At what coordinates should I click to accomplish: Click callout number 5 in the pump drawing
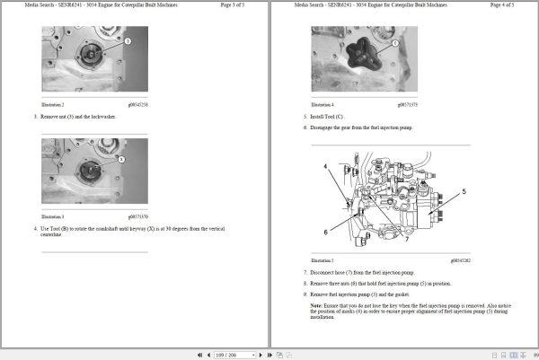(x=464, y=191)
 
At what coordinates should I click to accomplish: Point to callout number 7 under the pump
(x=406, y=239)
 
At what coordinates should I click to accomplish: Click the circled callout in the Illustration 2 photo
(x=128, y=41)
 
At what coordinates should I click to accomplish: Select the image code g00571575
(x=406, y=104)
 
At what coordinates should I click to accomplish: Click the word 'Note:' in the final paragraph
(x=316, y=305)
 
